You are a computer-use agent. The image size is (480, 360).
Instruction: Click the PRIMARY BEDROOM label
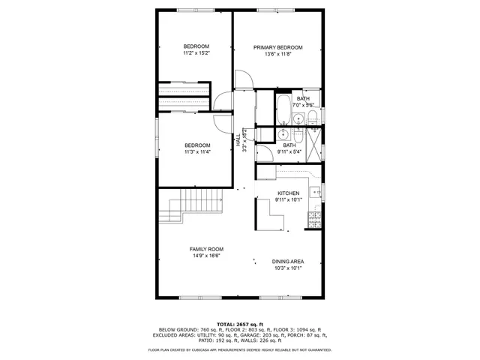point(277,47)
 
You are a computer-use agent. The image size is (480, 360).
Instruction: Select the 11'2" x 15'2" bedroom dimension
point(196,54)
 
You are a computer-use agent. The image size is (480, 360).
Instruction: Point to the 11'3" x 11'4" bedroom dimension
point(197,152)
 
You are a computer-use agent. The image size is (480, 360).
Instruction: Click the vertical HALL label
point(238,139)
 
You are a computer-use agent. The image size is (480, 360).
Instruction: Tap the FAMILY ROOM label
point(205,249)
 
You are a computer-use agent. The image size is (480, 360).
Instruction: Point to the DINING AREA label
point(287,262)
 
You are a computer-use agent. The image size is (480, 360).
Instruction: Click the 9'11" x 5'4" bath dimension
point(289,152)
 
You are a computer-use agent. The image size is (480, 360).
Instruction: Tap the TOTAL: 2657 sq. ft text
point(238,323)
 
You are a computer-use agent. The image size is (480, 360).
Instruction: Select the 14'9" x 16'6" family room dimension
point(205,256)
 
